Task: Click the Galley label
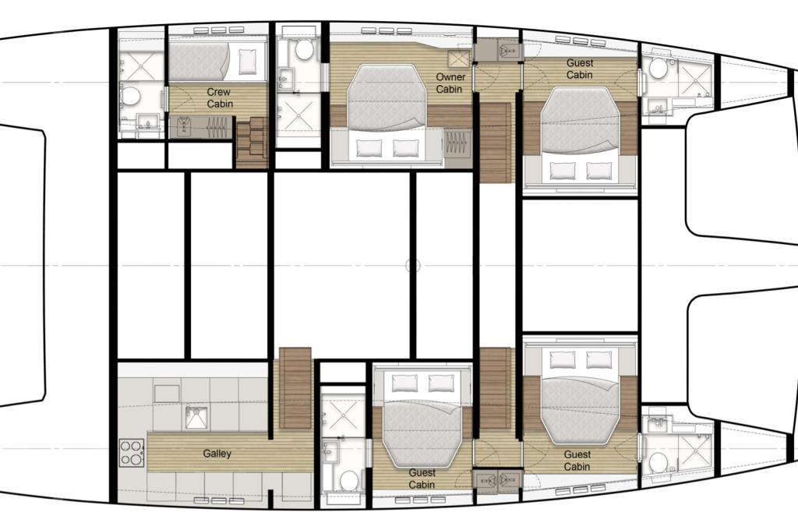click(217, 453)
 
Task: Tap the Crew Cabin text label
click(219, 97)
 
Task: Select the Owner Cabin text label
click(450, 83)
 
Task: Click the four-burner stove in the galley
click(132, 453)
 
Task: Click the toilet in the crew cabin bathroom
click(130, 96)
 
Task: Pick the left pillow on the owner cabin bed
click(369, 147)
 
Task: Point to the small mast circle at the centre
click(413, 265)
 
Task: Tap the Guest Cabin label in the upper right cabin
click(580, 69)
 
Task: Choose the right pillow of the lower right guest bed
click(599, 359)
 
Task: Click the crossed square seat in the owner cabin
click(457, 59)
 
